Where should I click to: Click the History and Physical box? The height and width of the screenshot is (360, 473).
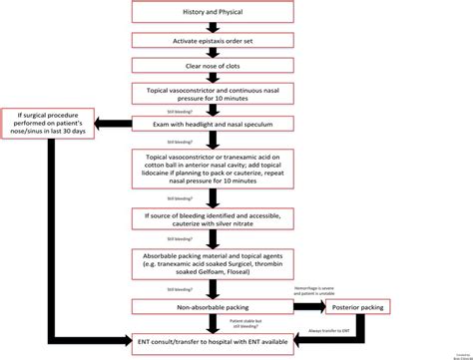point(212,12)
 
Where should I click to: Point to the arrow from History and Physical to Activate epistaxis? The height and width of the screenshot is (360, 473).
point(212,27)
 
